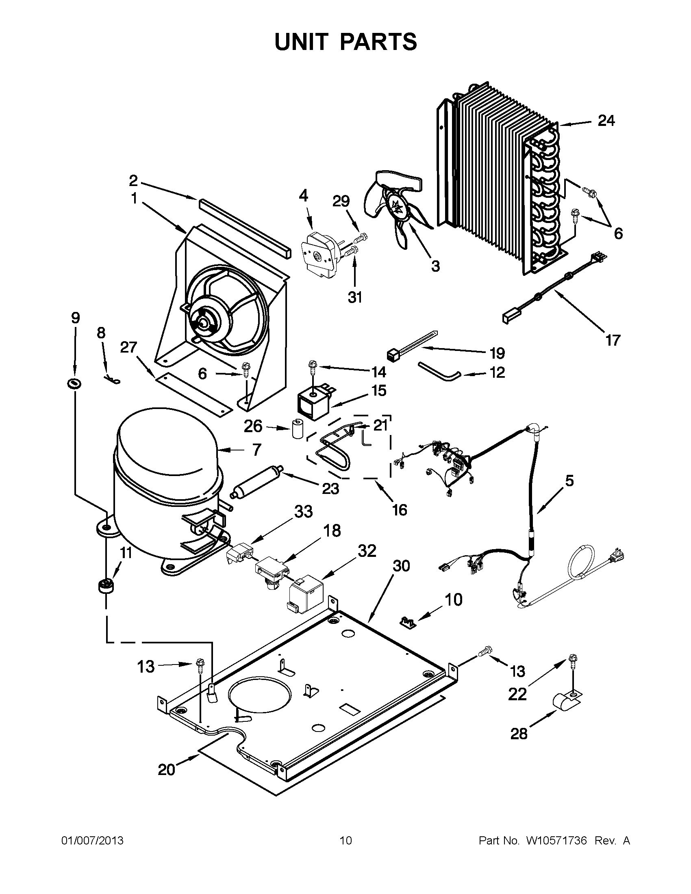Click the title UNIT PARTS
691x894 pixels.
pos(345,42)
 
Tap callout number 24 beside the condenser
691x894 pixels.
pos(606,121)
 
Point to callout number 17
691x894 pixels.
pos(613,340)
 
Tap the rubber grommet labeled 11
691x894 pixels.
pos(106,587)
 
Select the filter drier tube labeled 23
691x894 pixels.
pos(257,481)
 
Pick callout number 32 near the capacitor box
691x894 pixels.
pos(367,551)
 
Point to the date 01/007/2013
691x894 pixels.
pos(92,841)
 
